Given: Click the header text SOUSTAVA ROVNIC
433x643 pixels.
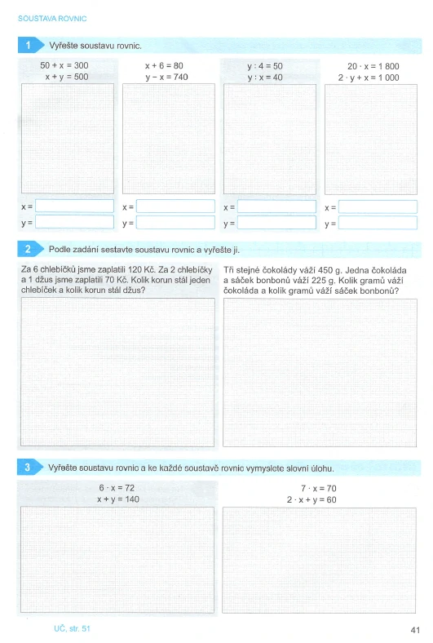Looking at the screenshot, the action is tap(52, 17).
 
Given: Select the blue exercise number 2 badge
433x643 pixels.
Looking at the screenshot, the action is tap(29, 248).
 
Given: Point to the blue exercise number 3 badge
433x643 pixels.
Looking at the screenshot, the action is tap(29, 468).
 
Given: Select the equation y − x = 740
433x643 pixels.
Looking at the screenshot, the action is tap(166, 76).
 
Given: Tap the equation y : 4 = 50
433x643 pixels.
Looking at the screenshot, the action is tap(265, 64).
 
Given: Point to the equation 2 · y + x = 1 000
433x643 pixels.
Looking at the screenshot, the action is tap(369, 76).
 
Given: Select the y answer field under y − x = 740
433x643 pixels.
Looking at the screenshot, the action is tap(175, 222).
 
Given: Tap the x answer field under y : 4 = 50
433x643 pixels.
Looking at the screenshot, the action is tap(276, 206).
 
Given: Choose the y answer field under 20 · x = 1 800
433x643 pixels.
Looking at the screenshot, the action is tap(377, 222).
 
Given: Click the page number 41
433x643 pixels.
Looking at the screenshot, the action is tap(414, 628).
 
